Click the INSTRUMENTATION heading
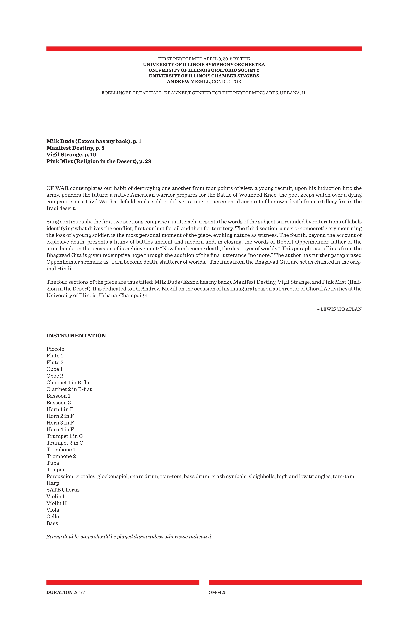coord(76,336)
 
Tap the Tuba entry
coord(53,463)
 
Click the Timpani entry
coord(57,470)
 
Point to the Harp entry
coord(53,483)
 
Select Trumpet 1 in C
coord(64,436)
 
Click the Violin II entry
coord(56,503)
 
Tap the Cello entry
coord(53,516)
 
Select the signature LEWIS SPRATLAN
coord(341,309)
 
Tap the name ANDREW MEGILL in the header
coord(188,82)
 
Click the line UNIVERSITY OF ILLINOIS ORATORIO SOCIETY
coord(204,70)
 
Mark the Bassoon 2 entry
coord(59,403)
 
